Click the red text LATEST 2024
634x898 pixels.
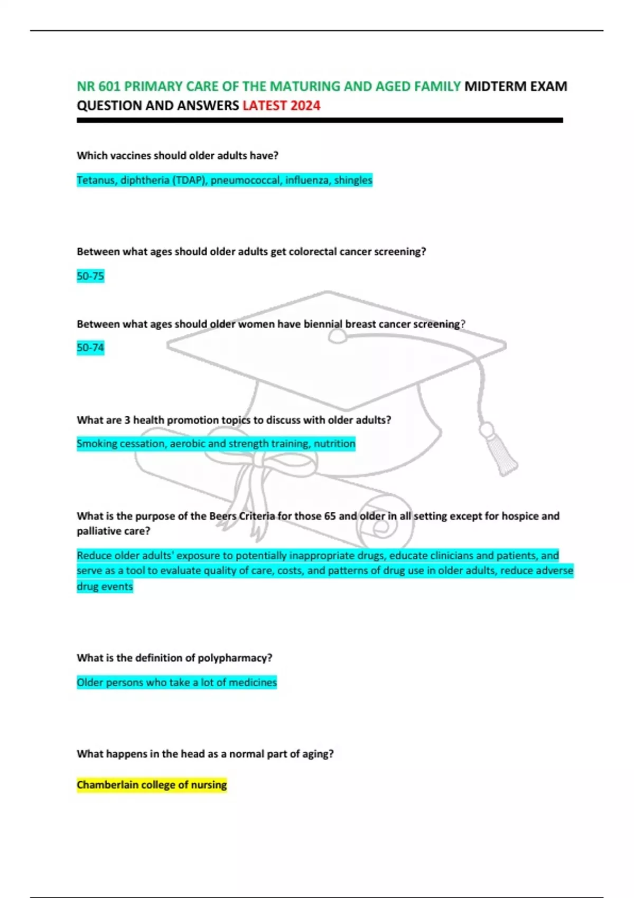(x=281, y=106)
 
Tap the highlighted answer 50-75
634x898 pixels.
(x=90, y=276)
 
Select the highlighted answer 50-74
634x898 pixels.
(x=90, y=348)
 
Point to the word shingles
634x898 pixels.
(x=353, y=180)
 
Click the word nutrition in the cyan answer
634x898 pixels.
(x=334, y=444)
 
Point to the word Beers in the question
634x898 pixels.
(x=222, y=516)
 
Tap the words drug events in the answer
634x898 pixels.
(x=105, y=586)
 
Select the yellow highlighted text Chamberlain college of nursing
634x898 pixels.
(x=152, y=785)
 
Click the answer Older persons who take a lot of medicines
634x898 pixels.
(x=176, y=682)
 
